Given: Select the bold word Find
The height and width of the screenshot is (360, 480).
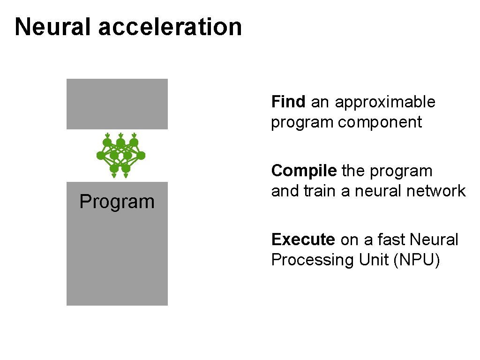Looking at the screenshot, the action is pos(288,102).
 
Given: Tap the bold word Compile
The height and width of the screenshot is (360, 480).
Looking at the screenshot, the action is pos(304,171).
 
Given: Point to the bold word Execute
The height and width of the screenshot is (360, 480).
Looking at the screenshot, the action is pos(303,240).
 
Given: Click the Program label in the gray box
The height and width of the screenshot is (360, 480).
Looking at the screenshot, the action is pos(117,202).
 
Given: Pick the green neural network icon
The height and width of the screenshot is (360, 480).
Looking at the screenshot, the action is pos(120,155).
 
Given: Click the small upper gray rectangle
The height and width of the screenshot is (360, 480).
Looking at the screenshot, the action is pos(117,104).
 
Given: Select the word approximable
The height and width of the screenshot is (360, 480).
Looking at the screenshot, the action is pos(385,102).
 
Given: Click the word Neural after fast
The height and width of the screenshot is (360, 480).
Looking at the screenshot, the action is pos(434,240).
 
